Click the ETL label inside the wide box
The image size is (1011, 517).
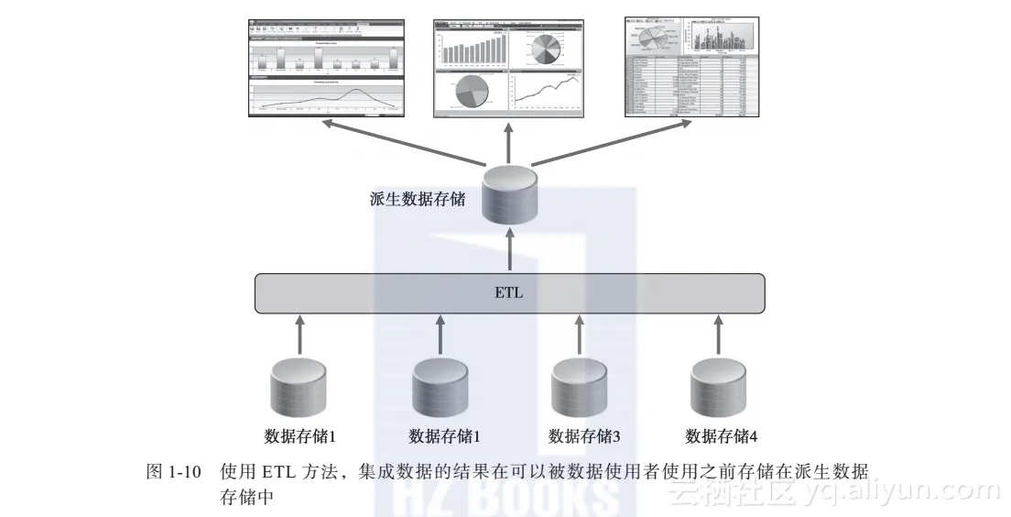(x=509, y=294)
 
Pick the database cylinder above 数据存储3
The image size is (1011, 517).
(x=579, y=388)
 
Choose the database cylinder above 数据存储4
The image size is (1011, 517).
(x=717, y=388)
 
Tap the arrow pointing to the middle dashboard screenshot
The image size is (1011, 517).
(x=509, y=142)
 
